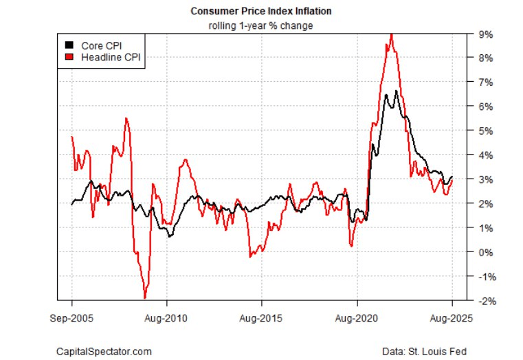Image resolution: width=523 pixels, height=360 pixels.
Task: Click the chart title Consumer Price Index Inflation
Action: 261,12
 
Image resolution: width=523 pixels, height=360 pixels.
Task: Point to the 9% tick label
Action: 484,34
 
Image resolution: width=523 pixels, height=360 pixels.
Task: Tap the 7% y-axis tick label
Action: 484,82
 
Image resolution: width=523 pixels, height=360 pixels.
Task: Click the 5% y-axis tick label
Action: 484,131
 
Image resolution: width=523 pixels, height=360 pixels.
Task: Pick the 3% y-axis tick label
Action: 484,179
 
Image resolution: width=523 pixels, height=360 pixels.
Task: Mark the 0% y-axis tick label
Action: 484,252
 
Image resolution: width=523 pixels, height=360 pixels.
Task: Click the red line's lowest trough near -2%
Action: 145,297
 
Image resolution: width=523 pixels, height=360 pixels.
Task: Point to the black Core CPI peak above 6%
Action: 397,91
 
